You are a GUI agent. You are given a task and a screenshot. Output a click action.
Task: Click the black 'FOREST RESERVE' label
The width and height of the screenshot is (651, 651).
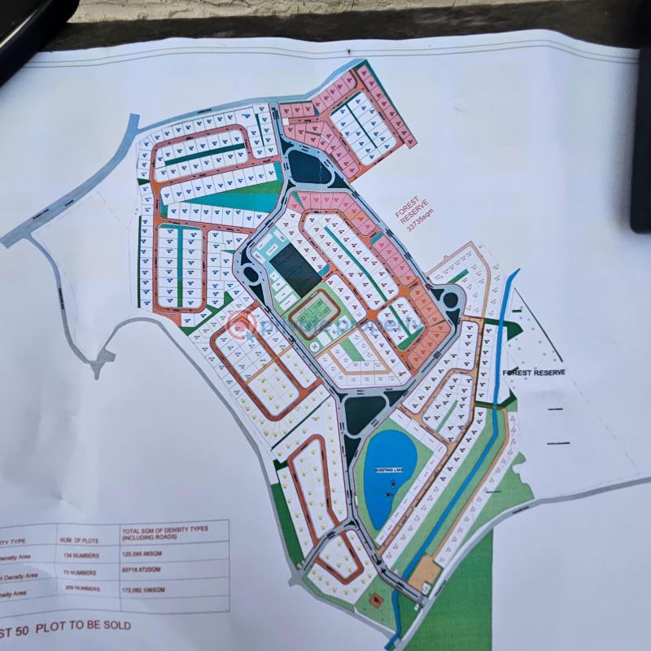click(533, 372)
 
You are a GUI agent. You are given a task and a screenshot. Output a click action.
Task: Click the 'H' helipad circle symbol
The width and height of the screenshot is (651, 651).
click(313, 345)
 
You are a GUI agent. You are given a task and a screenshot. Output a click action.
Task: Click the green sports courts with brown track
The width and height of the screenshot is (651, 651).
click(316, 314)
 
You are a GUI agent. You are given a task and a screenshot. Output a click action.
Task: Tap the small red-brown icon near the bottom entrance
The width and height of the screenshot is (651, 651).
click(377, 601)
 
